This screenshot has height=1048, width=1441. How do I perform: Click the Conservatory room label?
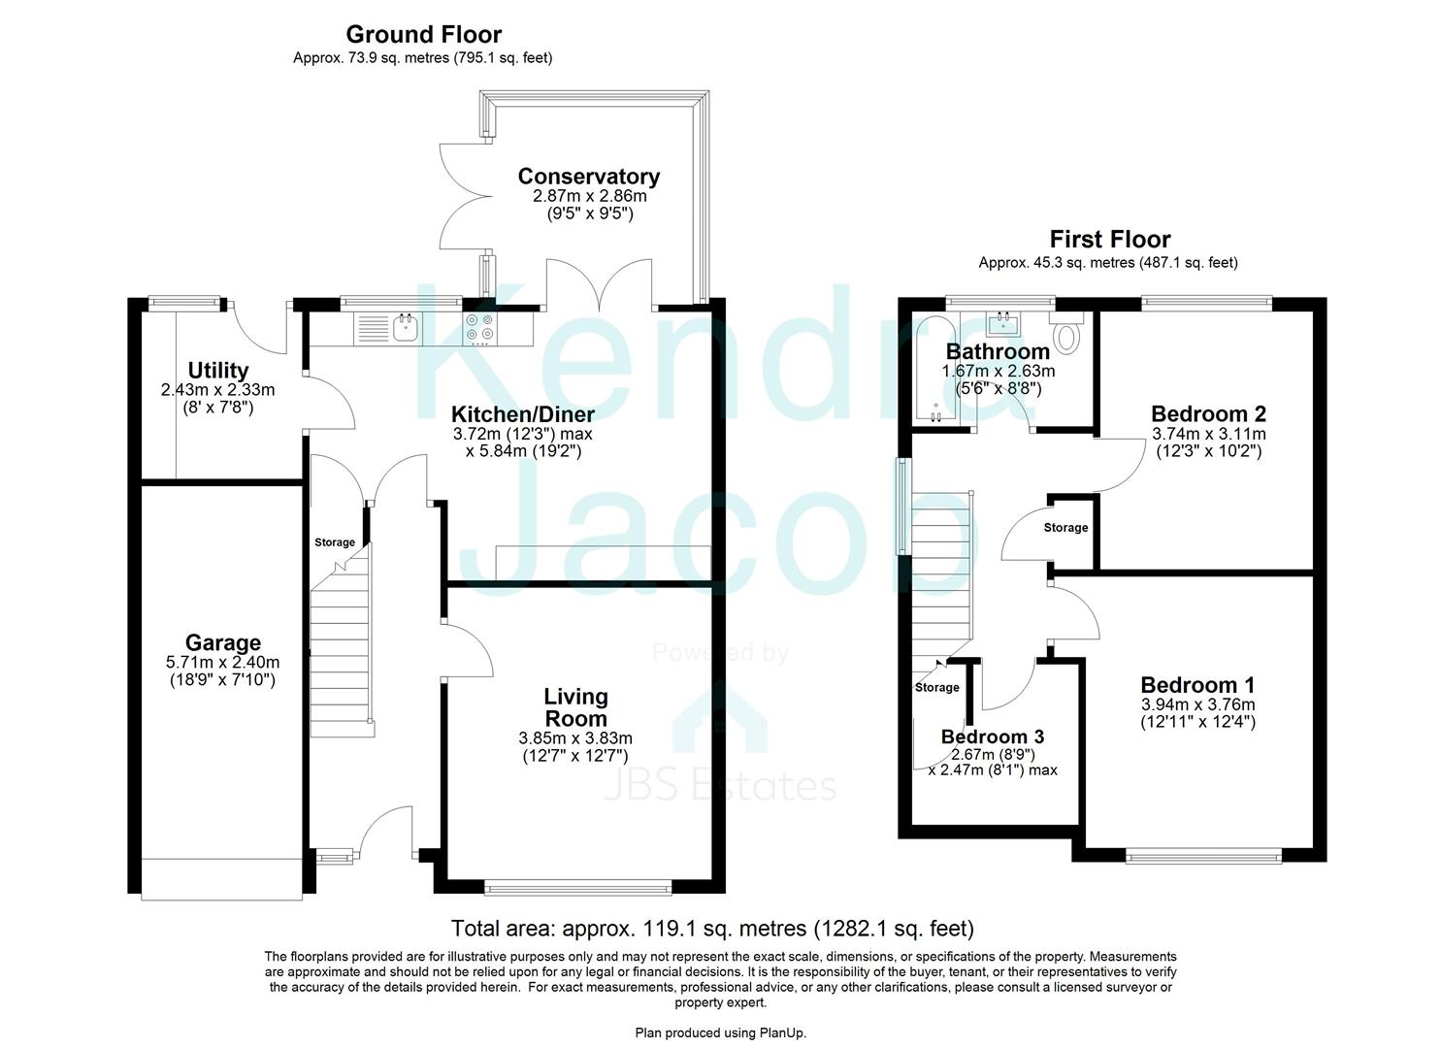tap(588, 177)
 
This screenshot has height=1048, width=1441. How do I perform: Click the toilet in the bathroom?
tap(1066, 335)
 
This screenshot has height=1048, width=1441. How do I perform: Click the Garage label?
tap(223, 643)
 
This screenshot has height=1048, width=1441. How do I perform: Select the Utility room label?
tap(218, 371)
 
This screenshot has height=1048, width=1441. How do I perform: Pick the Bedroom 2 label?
tap(1208, 414)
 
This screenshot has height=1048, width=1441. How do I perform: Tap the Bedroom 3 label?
tap(992, 737)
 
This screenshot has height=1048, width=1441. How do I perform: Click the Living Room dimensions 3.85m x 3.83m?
tap(575, 738)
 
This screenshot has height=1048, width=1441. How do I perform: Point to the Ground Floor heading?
tap(423, 35)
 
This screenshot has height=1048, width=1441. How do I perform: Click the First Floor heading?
tap(1109, 240)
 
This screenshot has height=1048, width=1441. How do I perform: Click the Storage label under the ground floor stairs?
tap(335, 542)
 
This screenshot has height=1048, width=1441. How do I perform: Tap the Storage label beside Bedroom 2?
tap(1065, 528)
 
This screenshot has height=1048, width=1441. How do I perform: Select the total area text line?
tap(712, 929)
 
